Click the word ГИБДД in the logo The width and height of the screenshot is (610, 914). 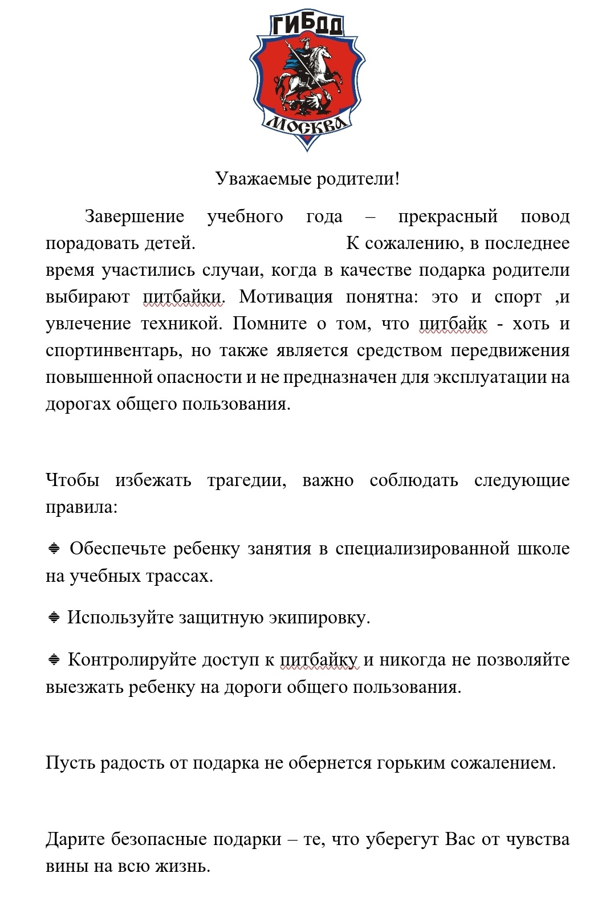point(307,26)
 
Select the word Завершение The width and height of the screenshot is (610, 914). point(135,217)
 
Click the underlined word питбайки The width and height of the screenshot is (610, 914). point(181,297)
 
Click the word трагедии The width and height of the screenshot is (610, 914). point(246,480)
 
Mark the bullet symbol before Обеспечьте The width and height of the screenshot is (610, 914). point(54,549)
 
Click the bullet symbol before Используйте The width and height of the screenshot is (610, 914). point(54,617)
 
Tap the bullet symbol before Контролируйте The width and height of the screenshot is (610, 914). point(54,660)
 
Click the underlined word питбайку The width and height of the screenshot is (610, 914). point(319,660)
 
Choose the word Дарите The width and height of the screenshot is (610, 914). point(75,839)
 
